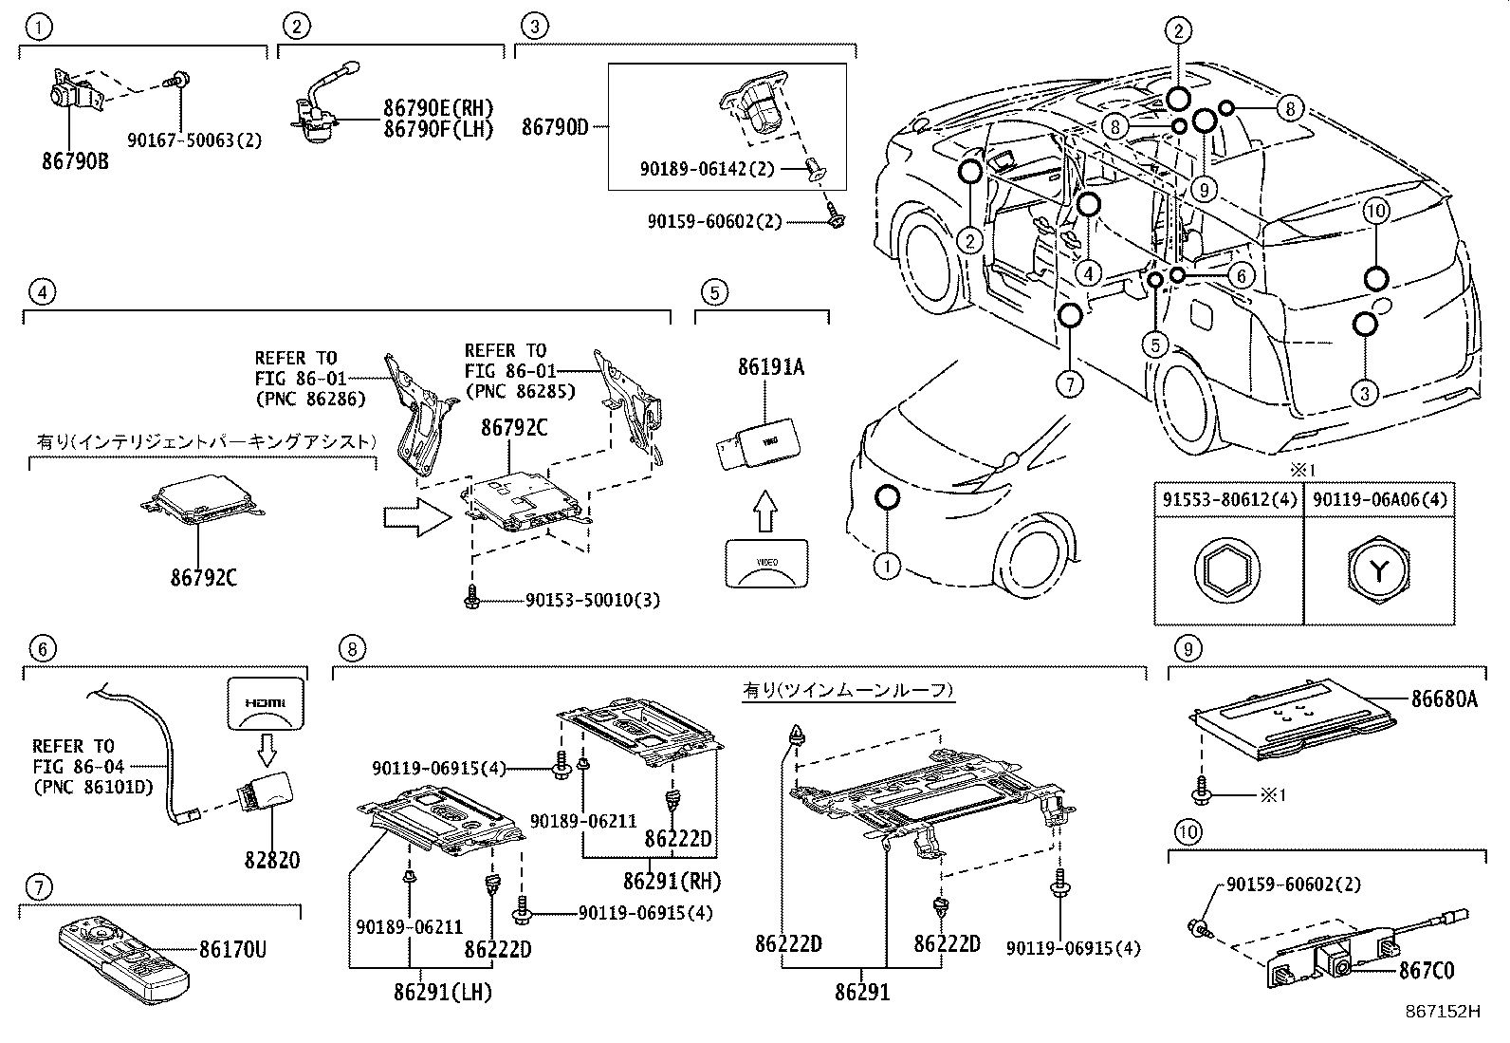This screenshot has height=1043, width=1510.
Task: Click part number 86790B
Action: [x=74, y=161]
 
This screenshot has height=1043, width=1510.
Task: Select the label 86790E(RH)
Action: [x=439, y=108]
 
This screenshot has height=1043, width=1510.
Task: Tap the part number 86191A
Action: [x=770, y=366]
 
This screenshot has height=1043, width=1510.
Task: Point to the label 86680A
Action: [x=1444, y=699]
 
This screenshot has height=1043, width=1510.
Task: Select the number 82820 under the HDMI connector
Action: [x=272, y=860]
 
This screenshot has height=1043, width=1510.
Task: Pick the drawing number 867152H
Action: [x=1443, y=1012]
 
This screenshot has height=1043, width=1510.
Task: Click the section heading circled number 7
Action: [x=39, y=887]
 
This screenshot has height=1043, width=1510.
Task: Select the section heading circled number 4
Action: [x=39, y=291]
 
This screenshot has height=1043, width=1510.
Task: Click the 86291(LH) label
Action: [x=443, y=993]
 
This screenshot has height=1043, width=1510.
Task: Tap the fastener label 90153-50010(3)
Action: [x=593, y=601]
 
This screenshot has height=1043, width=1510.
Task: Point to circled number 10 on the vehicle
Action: [x=1376, y=211]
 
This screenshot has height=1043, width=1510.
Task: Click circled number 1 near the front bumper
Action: [x=886, y=567]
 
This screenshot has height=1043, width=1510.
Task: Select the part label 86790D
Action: [x=555, y=127]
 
